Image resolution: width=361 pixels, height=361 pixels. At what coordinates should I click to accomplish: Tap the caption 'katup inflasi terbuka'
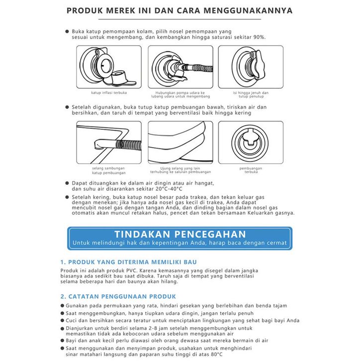[x=108, y=93]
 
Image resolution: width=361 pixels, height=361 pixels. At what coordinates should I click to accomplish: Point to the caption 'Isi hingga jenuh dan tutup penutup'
[x=251, y=95]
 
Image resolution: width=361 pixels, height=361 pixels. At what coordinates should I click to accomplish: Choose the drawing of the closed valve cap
[x=251, y=68]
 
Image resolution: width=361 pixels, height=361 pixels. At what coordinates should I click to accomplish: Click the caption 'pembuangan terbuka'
[x=251, y=171]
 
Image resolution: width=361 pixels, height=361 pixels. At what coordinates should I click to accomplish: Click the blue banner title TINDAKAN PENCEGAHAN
[x=180, y=234]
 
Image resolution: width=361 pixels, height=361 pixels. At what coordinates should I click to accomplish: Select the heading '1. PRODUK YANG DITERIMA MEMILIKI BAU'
[x=128, y=262]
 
